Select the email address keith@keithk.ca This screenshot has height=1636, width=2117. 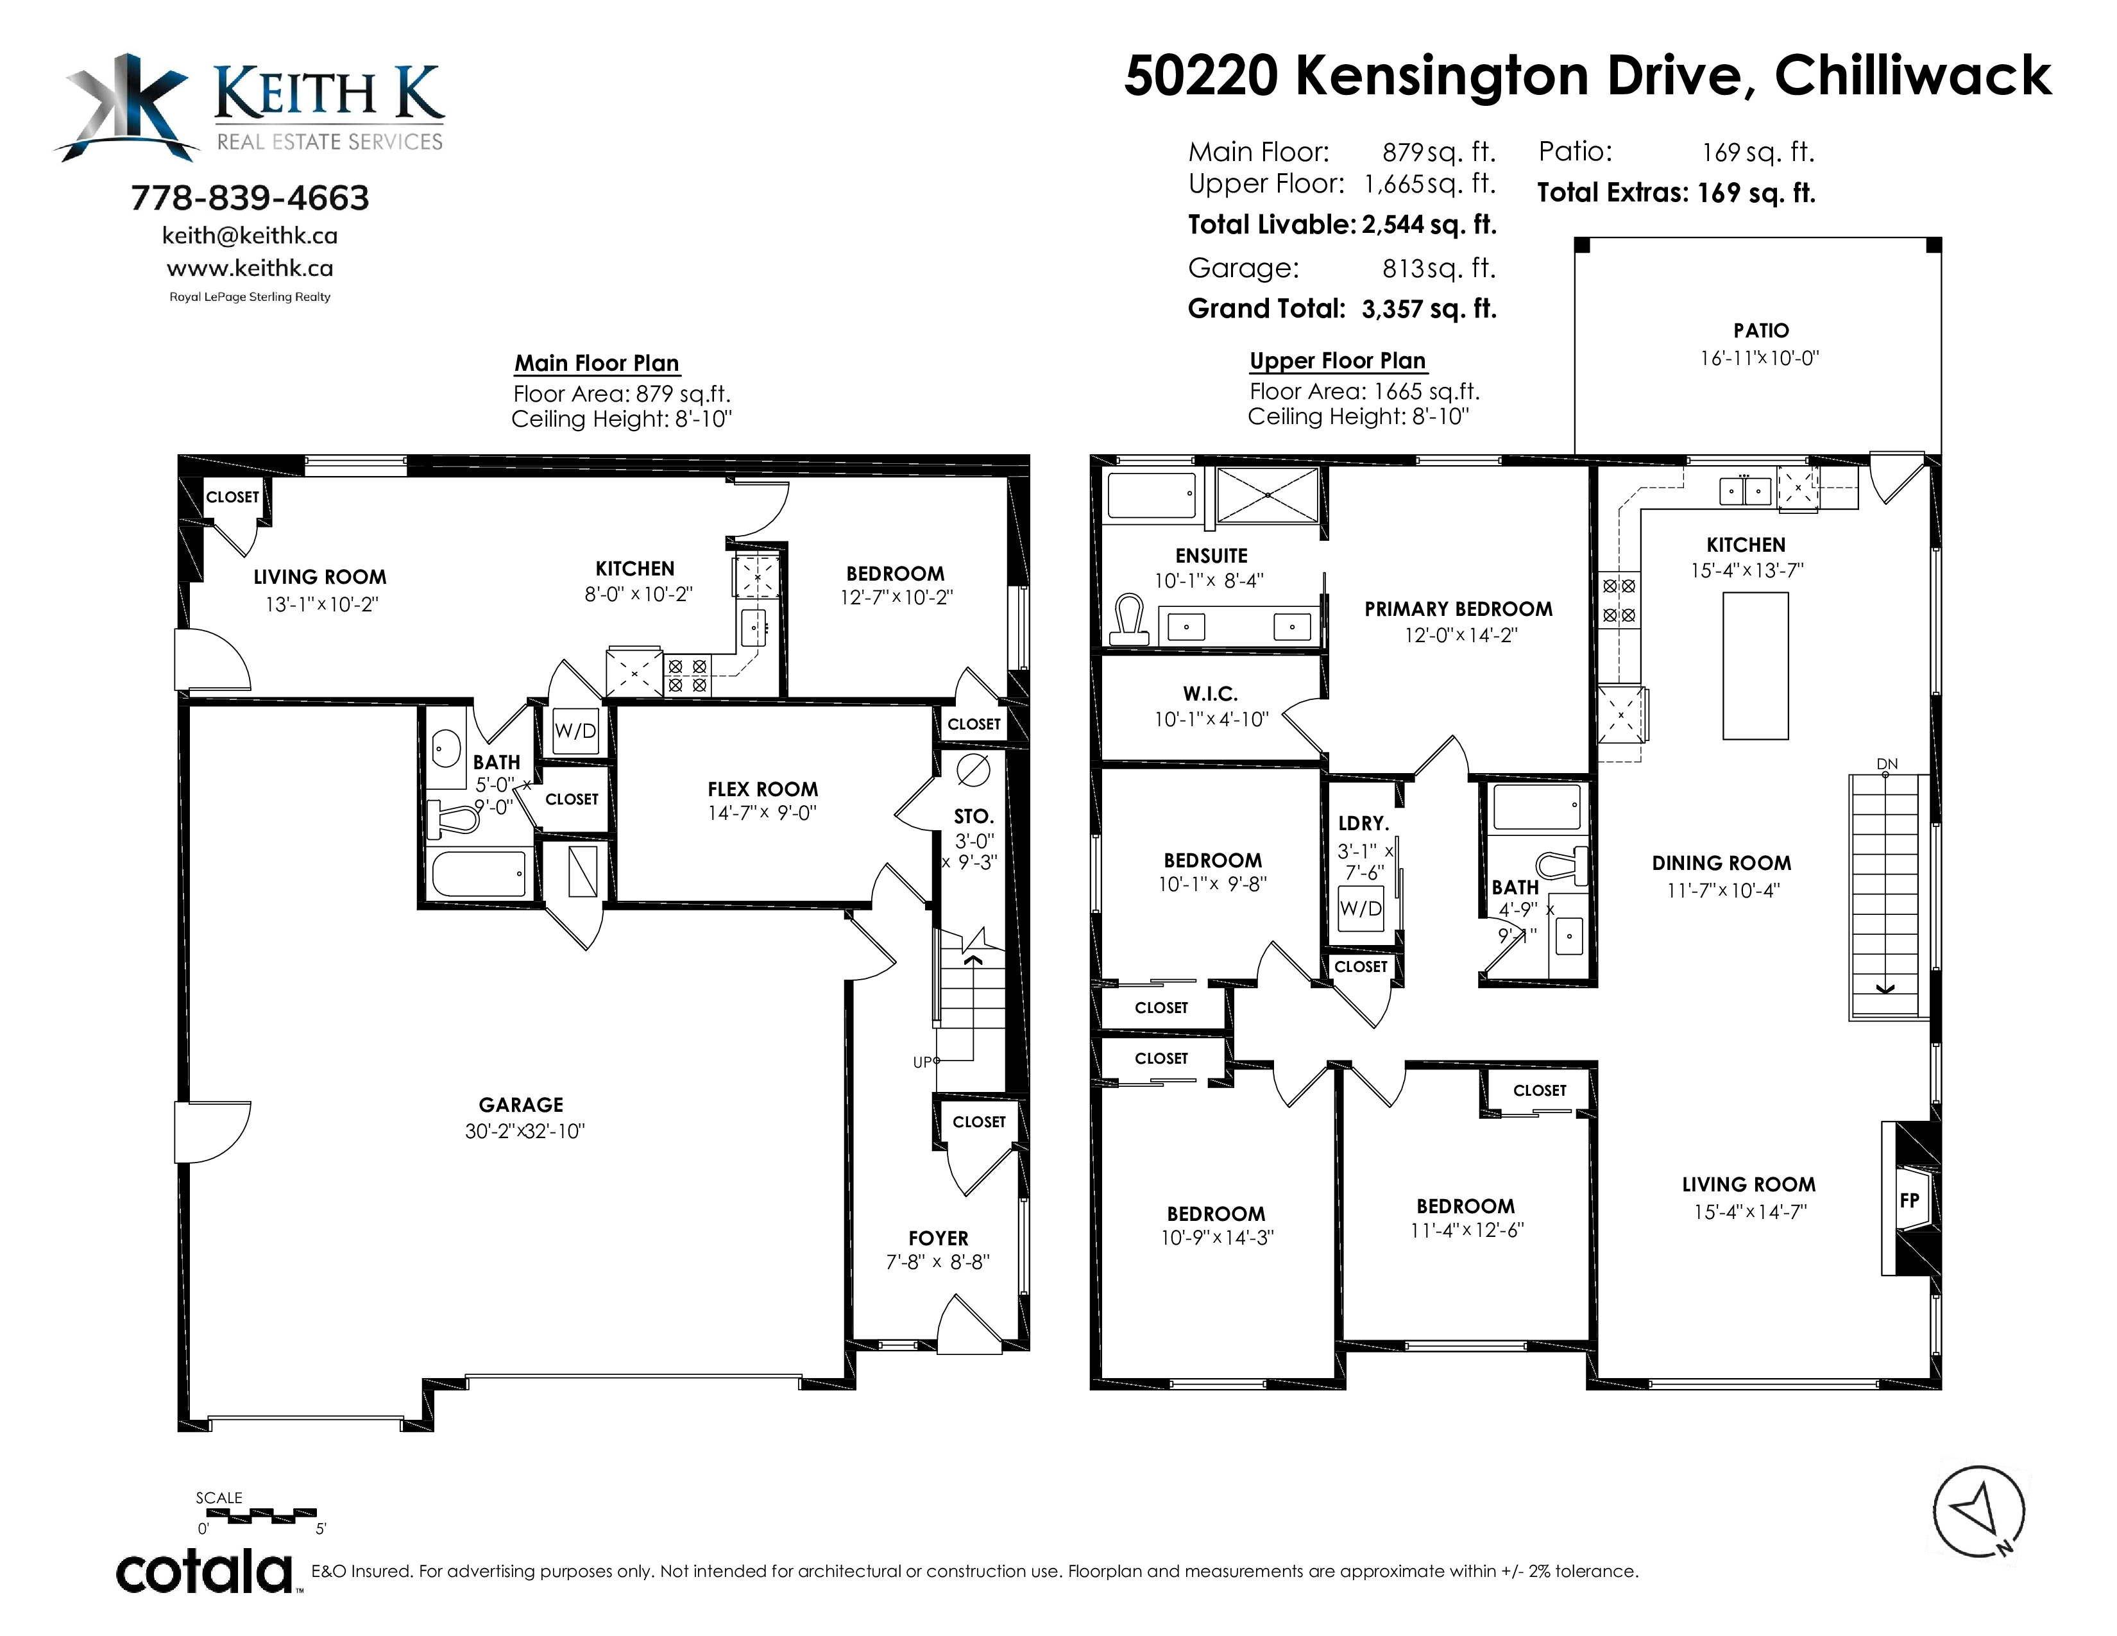click(x=250, y=235)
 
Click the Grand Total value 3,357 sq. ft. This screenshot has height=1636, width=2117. click(x=1429, y=309)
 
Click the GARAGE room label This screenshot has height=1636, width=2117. click(x=520, y=1105)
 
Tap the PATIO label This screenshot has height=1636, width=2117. click(x=1761, y=330)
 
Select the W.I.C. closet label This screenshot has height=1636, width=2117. click(x=1211, y=694)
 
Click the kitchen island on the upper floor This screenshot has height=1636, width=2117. click(x=1755, y=666)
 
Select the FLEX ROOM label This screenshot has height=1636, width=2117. click(x=763, y=790)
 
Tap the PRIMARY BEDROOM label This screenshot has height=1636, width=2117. click(x=1459, y=609)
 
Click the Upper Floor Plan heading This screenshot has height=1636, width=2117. click(x=1338, y=361)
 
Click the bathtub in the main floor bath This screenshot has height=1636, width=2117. click(x=480, y=873)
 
